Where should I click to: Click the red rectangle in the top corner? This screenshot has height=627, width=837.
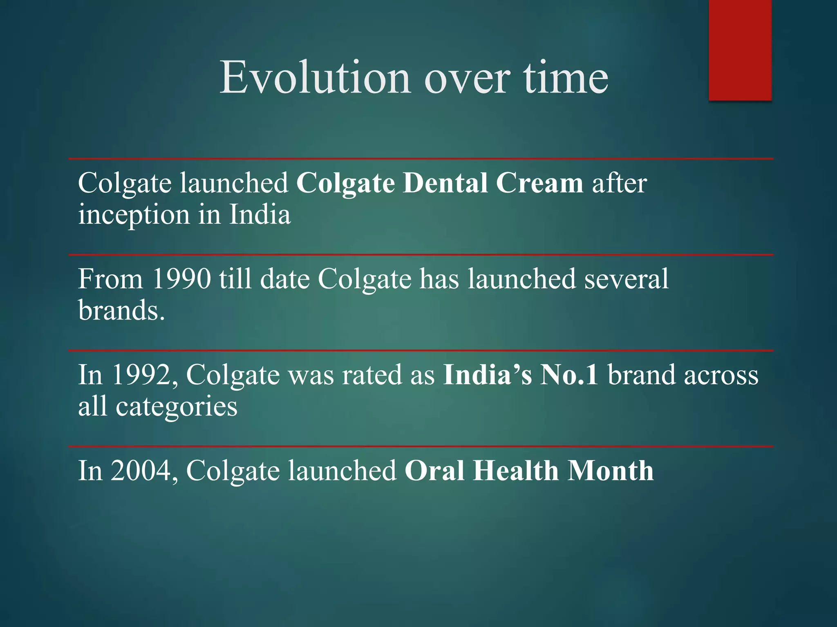[740, 50]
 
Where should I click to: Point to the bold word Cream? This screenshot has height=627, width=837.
[539, 183]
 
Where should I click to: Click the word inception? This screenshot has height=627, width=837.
[134, 215]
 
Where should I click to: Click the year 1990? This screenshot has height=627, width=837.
[181, 279]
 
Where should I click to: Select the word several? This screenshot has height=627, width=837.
[626, 279]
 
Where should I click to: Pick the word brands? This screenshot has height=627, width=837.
[121, 311]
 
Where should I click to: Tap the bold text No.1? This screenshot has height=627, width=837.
[569, 375]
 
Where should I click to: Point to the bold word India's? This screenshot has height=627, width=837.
[488, 375]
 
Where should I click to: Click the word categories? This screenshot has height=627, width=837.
[176, 407]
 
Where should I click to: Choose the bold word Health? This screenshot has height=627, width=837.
[515, 471]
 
